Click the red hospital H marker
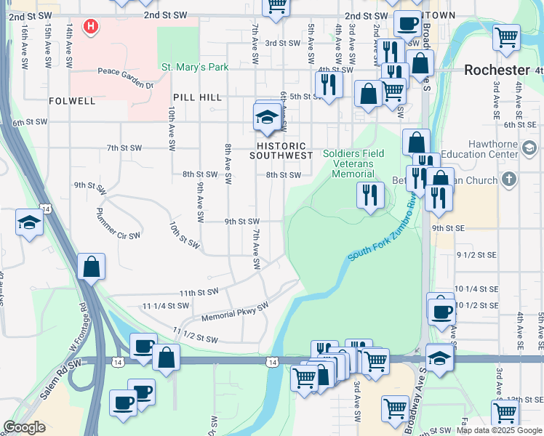[90, 27]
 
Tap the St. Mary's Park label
[195, 68]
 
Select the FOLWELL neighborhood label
[73, 101]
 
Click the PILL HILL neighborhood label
[197, 97]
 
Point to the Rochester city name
[497, 70]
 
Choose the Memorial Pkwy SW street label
[236, 312]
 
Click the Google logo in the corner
[24, 427]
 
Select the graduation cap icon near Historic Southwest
[268, 116]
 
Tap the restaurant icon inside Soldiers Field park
[370, 195]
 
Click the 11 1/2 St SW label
[196, 335]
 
